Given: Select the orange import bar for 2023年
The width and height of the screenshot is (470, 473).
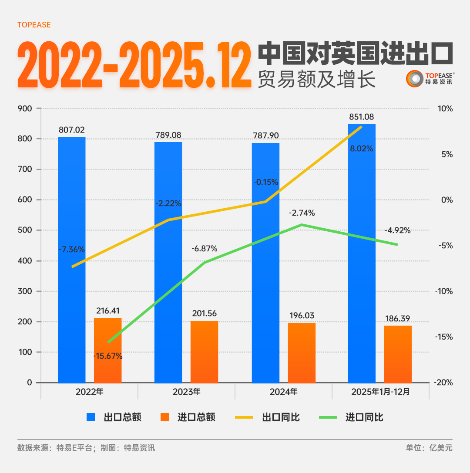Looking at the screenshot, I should [x=204, y=352].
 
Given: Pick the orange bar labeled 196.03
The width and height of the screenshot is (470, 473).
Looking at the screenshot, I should [x=302, y=353].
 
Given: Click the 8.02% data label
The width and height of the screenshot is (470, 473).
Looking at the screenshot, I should [x=362, y=149].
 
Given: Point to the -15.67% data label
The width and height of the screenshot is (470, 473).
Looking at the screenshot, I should [x=108, y=356].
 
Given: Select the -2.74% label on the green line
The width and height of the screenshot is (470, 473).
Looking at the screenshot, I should [x=302, y=213].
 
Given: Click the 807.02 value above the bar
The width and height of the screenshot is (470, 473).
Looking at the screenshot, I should [x=72, y=130].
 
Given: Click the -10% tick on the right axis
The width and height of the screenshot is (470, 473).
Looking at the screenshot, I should [x=445, y=291].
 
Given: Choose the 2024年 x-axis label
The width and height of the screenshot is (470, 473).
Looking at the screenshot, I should [x=283, y=392].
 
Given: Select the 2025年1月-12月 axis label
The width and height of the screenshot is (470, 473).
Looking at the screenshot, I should [x=380, y=392].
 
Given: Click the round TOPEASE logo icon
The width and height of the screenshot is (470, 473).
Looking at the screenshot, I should [x=415, y=78].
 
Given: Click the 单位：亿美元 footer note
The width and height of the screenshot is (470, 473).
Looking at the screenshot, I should [x=429, y=448].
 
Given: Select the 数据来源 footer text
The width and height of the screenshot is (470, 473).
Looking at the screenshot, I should [x=86, y=448].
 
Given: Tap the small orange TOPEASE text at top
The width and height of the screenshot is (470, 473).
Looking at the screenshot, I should [x=34, y=25].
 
